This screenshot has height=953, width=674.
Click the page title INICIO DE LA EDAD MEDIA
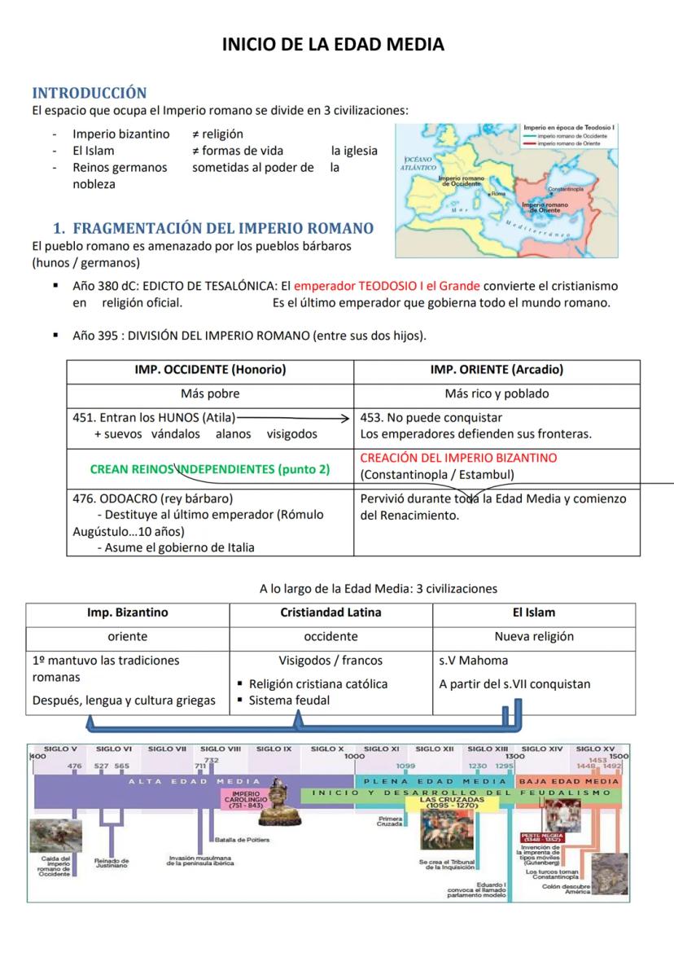(334, 45)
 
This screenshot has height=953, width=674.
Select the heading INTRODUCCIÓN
(89, 93)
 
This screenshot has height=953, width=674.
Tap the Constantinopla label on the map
(565, 188)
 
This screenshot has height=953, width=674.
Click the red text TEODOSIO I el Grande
(387, 286)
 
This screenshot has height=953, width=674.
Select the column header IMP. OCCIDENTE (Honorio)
(210, 370)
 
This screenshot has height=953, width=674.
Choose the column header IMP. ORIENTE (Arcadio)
(497, 370)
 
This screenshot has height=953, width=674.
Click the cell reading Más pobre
(210, 393)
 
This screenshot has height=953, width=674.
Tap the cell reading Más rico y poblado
(497, 393)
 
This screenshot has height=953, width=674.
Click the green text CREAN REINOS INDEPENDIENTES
(210, 469)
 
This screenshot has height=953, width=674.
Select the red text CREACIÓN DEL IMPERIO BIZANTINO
(458, 458)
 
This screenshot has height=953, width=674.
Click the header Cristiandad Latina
(330, 613)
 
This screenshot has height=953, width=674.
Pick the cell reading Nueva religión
(534, 636)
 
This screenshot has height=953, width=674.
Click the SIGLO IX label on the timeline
(274, 748)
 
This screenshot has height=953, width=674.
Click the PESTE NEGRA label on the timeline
(541, 837)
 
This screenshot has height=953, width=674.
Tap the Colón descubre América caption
(566, 889)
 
